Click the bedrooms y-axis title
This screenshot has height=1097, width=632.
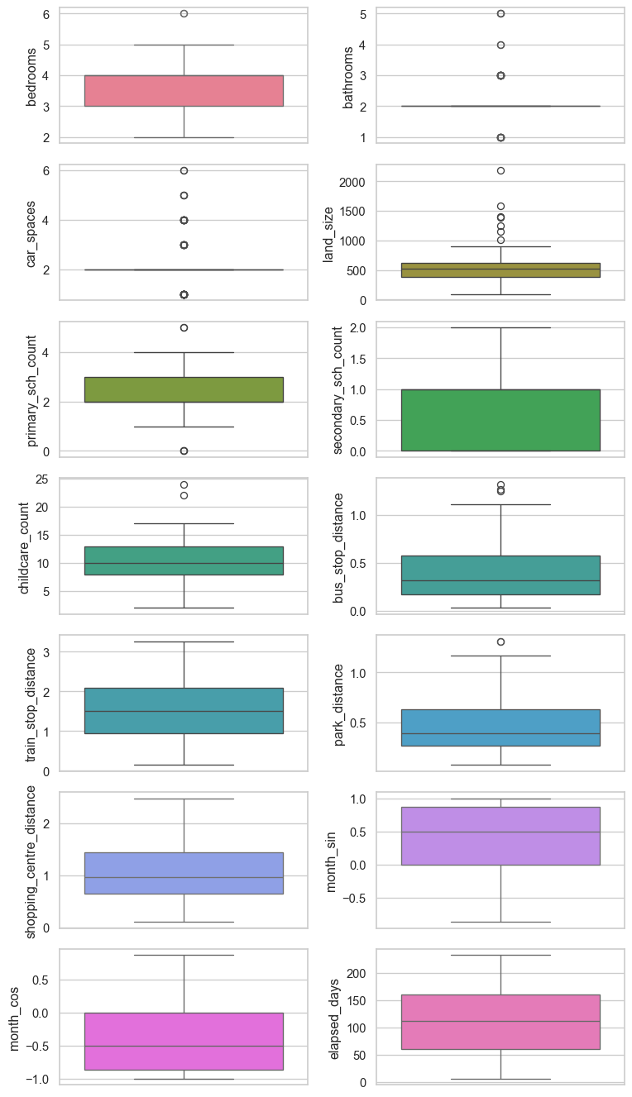32,75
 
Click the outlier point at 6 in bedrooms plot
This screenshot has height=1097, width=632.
184,13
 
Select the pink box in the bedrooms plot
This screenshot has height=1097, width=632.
184,91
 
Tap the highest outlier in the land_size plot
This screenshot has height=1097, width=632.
500,170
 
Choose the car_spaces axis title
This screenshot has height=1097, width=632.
32,232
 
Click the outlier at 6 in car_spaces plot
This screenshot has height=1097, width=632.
184,170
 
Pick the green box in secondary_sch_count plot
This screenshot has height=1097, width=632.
500,420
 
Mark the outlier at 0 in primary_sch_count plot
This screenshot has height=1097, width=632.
184,451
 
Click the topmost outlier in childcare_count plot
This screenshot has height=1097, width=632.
184,484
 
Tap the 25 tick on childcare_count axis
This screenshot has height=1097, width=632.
41,479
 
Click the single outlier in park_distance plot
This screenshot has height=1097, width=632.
500,642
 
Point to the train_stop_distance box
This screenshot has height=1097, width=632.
184,711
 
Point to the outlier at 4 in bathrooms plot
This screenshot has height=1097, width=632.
500,45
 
